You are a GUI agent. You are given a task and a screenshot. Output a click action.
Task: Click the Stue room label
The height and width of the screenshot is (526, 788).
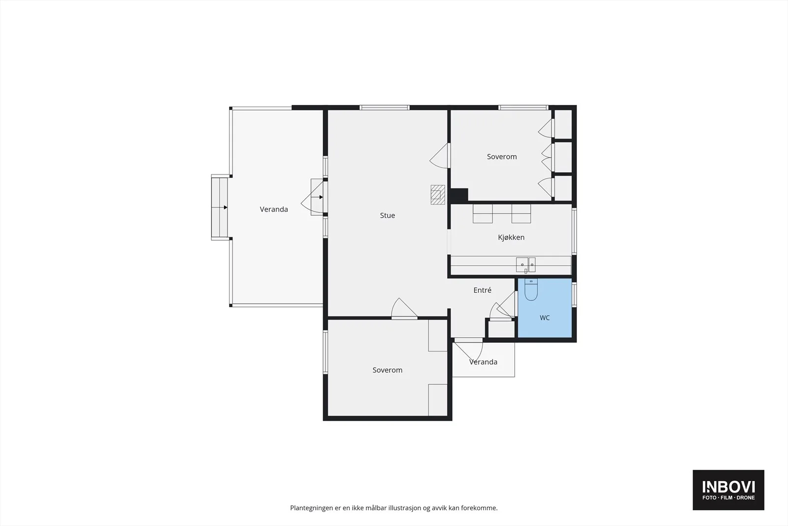(387, 215)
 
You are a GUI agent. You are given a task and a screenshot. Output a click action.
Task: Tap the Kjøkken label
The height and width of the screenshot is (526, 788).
(511, 237)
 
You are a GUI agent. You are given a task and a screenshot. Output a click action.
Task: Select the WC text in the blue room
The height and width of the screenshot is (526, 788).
(545, 317)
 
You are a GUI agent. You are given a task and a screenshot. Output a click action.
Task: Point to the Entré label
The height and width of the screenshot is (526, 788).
(482, 290)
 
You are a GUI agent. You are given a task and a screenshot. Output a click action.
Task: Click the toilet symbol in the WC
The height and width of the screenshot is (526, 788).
(531, 289)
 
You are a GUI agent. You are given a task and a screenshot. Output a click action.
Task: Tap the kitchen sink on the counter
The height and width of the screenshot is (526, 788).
(525, 265)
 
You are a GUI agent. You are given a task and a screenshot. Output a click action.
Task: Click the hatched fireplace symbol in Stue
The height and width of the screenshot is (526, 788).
(438, 195)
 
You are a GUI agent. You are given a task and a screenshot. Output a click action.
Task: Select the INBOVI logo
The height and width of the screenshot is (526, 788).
(728, 490)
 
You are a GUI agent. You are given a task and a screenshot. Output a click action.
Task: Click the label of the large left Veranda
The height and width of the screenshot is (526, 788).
(274, 209)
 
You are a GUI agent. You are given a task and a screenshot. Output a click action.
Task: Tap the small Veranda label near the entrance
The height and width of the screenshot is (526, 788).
(483, 362)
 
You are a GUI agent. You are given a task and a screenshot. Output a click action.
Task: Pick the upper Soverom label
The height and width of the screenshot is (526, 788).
(502, 157)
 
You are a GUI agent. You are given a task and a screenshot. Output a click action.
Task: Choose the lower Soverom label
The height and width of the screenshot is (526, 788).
(387, 370)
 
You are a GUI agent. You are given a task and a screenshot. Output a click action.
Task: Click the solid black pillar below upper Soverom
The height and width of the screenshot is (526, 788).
(459, 196)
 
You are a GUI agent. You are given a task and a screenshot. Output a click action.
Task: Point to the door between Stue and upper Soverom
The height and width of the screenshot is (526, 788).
(440, 156)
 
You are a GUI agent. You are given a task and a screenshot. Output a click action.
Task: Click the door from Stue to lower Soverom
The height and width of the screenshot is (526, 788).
(404, 309)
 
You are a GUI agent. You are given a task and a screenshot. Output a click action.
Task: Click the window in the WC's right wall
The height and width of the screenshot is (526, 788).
(574, 294)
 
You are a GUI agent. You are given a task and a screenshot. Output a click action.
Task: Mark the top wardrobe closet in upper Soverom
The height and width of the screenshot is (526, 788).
(563, 124)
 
